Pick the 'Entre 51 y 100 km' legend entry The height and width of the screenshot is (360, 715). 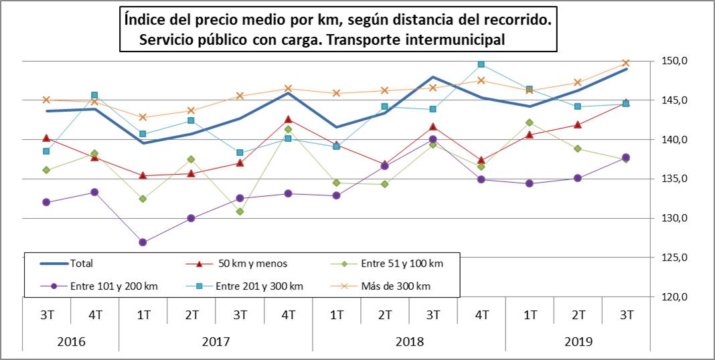coord(382,264)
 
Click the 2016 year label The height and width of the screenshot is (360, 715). coord(70,341)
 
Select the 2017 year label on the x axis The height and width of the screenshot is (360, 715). coord(216,341)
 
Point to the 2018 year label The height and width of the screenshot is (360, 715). coord(409,341)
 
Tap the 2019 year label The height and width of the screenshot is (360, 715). coord(578,341)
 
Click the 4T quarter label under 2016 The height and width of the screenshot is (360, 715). coord(94,314)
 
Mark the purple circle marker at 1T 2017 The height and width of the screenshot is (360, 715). coord(143,242)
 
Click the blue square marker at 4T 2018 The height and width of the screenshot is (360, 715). coord(481,64)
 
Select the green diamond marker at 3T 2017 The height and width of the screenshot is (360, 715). coord(240,211)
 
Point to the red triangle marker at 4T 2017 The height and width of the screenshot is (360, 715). coord(288,119)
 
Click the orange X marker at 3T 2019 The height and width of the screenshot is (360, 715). coord(627,63)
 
